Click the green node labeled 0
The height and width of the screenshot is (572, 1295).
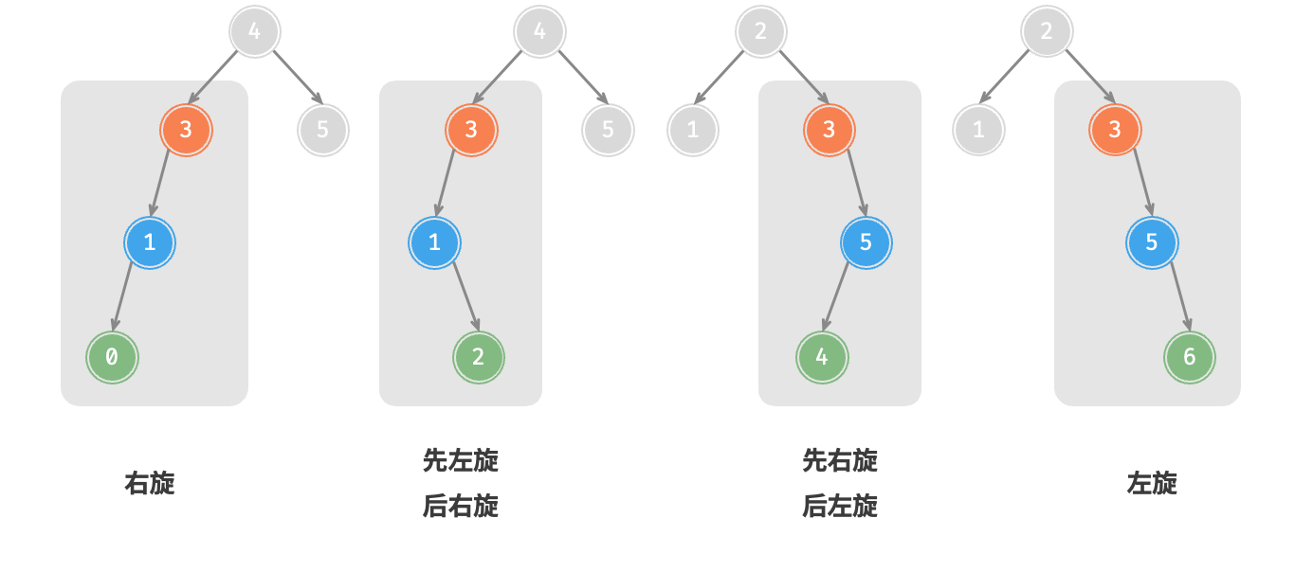coord(112,357)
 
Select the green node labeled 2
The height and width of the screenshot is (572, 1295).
coord(478,357)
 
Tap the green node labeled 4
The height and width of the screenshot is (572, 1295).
coord(822,357)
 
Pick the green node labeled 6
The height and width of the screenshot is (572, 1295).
coord(1189,357)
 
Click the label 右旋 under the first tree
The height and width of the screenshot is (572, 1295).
coord(150,483)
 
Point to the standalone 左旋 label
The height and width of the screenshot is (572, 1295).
coord(1152,483)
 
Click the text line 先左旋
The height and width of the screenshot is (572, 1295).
coord(461,461)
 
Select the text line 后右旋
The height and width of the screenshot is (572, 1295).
coord(461,507)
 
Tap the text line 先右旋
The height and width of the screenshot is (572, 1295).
coord(840,461)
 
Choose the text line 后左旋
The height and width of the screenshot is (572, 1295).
coord(840,507)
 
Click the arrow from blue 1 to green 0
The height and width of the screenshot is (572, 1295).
coord(123,295)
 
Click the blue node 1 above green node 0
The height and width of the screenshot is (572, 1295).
coord(150,242)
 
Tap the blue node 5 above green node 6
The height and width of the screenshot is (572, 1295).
coord(1152,242)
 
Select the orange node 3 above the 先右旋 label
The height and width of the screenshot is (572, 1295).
coord(830,130)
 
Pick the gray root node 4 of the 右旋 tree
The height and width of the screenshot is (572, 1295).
coord(255,31)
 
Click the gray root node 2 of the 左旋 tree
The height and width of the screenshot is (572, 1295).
coord(1047,31)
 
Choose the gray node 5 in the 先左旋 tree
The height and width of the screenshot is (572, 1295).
coord(608,130)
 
